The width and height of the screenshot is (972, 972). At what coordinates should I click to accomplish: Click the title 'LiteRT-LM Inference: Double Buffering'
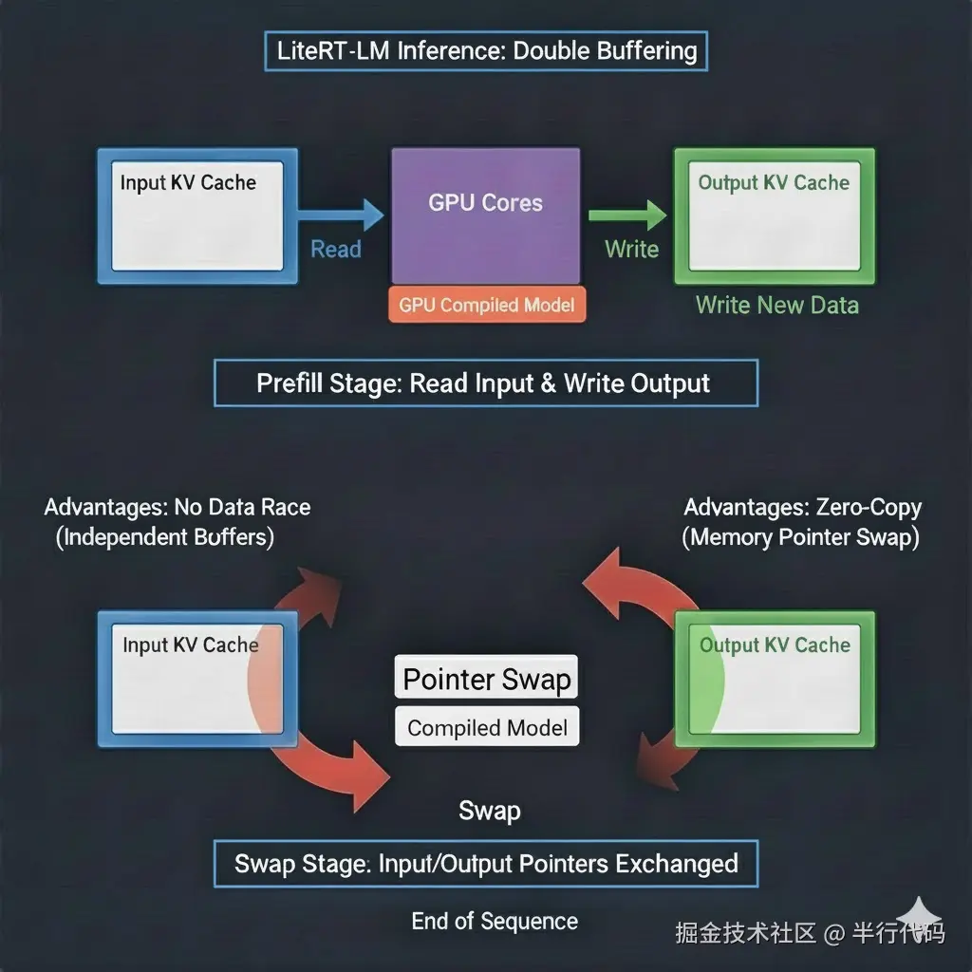pyautogui.click(x=485, y=50)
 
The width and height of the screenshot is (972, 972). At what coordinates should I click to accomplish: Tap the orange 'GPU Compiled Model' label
pyautogui.click(x=486, y=306)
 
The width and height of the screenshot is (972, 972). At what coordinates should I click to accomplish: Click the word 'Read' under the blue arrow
pyautogui.click(x=336, y=250)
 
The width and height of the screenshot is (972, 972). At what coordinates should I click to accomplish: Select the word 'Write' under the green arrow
pyautogui.click(x=631, y=250)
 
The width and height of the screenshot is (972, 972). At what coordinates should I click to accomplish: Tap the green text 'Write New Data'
pyautogui.click(x=776, y=306)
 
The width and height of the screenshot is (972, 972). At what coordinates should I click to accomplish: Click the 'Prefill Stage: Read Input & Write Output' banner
pyautogui.click(x=485, y=383)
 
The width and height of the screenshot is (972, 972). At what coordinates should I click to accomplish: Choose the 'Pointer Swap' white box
pyautogui.click(x=486, y=679)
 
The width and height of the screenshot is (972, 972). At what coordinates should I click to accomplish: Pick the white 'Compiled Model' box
pyautogui.click(x=486, y=728)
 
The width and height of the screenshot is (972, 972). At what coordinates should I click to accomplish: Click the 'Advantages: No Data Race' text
pyautogui.click(x=178, y=507)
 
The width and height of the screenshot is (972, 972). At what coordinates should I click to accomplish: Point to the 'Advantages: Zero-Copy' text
pyautogui.click(x=802, y=507)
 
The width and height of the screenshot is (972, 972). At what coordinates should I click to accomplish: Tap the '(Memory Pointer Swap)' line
pyautogui.click(x=800, y=537)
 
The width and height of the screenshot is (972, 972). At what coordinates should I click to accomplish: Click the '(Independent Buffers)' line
pyautogui.click(x=165, y=537)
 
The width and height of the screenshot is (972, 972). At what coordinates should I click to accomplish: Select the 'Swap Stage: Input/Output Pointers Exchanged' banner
pyautogui.click(x=485, y=864)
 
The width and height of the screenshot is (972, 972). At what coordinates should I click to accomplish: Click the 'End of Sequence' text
pyautogui.click(x=495, y=921)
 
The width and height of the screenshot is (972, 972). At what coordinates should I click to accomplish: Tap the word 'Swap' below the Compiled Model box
pyautogui.click(x=489, y=811)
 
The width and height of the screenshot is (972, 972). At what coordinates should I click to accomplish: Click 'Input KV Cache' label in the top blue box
pyautogui.click(x=188, y=182)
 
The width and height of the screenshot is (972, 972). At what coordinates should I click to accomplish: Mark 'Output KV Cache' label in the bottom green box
pyautogui.click(x=775, y=645)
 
